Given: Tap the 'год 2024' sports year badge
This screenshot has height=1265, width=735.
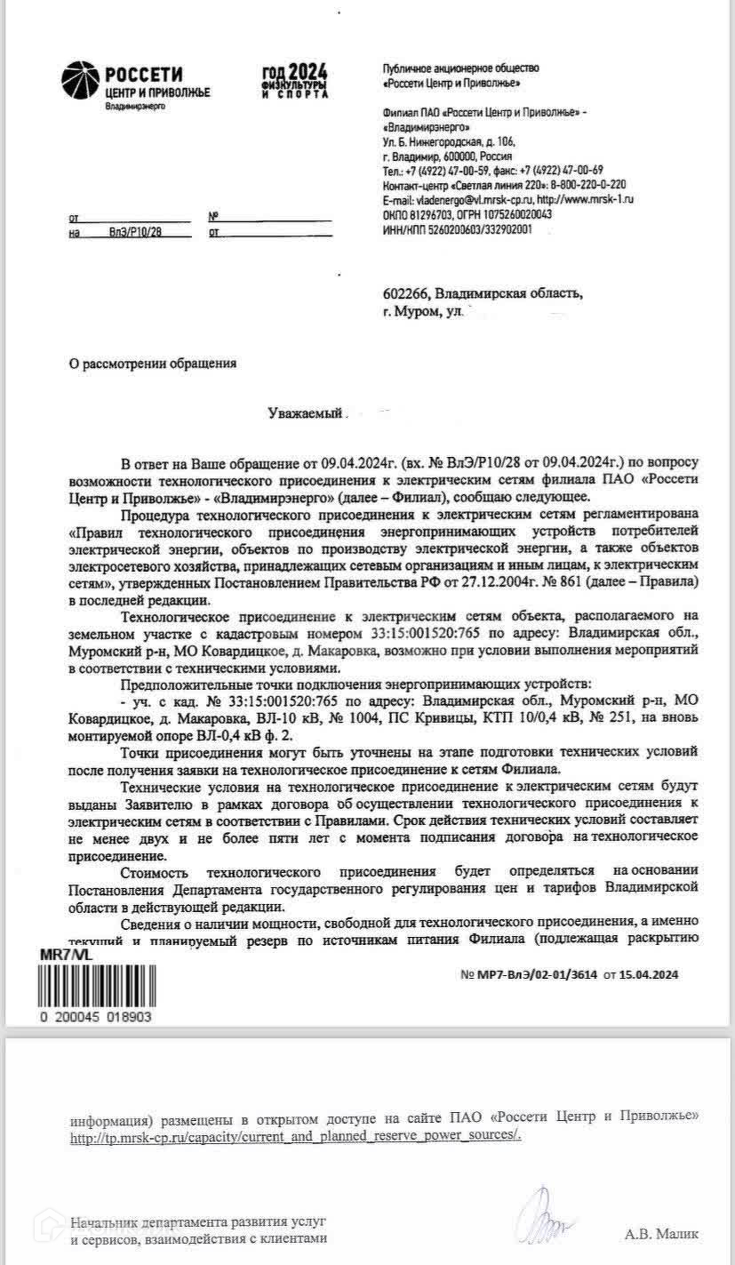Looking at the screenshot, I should [294, 81].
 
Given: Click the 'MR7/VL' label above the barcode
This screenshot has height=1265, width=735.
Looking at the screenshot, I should [64, 953].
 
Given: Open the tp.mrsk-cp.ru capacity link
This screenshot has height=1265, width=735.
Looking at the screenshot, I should [296, 1136].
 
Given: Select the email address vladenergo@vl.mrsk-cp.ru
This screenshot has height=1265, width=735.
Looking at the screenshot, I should [454, 201].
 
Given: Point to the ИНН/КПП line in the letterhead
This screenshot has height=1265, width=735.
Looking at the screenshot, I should [457, 229].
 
